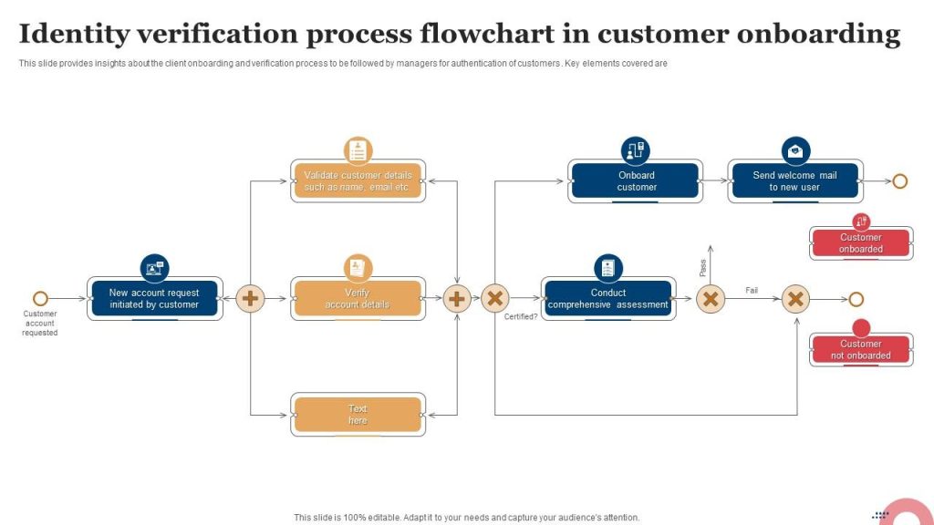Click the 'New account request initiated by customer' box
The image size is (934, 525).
click(x=154, y=299)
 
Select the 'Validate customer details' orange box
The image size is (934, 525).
click(x=358, y=180)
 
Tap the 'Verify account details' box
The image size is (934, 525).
click(x=358, y=299)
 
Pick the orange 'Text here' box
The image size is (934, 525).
click(x=358, y=415)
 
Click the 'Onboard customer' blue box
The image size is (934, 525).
click(x=636, y=180)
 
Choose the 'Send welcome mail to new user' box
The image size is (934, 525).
click(x=794, y=180)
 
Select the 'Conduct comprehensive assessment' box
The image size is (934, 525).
click(x=607, y=299)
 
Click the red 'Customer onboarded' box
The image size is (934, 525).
click(x=861, y=243)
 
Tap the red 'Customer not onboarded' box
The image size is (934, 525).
click(x=861, y=350)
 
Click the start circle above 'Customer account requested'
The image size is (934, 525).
click(x=40, y=298)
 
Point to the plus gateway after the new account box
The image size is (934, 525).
click(x=250, y=298)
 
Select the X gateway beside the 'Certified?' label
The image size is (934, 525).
click(x=494, y=298)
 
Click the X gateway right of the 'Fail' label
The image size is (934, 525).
click(x=795, y=298)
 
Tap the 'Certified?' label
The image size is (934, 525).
click(x=521, y=317)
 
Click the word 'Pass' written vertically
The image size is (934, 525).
click(x=703, y=268)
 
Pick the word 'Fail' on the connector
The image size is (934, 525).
click(x=752, y=291)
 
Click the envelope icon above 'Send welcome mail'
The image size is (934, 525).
click(x=795, y=150)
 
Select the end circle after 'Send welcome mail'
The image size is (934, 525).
click(x=899, y=180)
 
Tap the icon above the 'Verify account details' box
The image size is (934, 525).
click(x=358, y=268)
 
